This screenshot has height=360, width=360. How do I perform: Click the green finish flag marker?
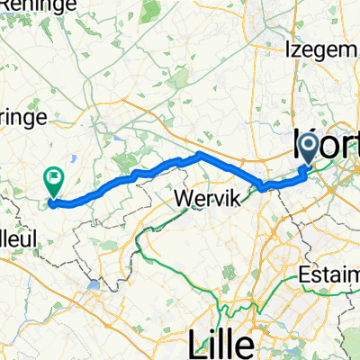point(55,183)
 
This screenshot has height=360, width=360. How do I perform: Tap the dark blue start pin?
point(308,146)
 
